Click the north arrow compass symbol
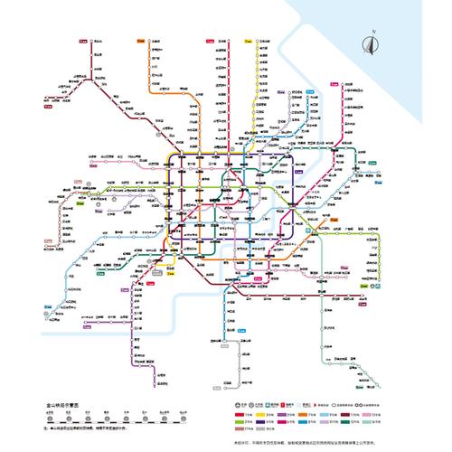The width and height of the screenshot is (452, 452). [x=369, y=42]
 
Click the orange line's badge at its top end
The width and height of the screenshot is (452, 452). [x=141, y=41]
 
